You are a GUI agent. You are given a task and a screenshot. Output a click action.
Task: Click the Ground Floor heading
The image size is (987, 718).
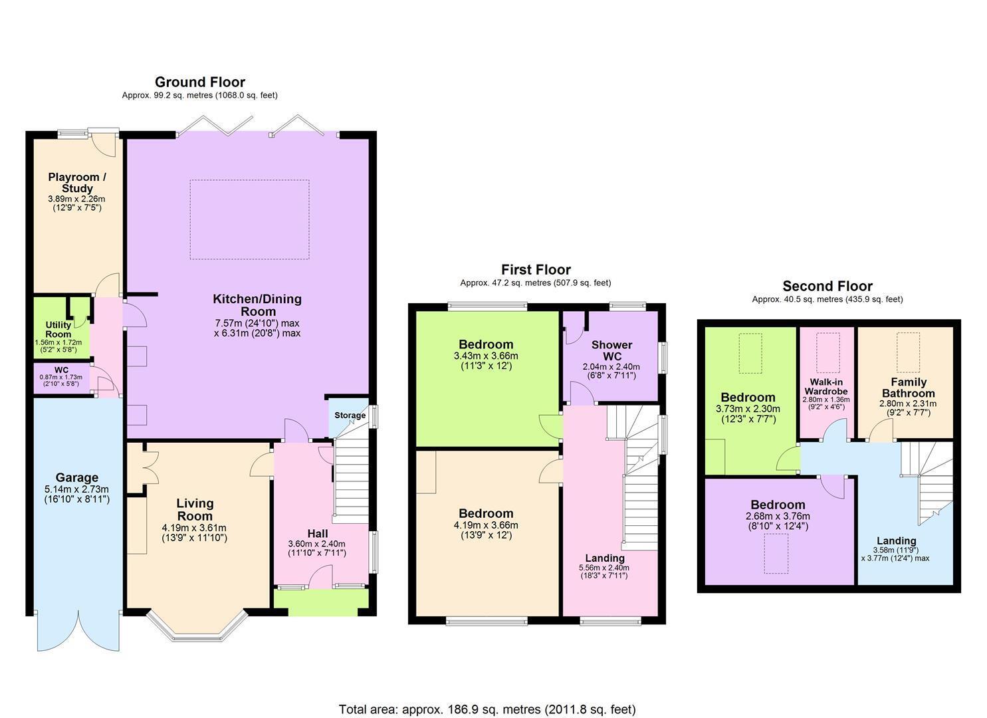[199, 82]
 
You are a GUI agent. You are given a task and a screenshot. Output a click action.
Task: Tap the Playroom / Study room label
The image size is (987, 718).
[77, 182]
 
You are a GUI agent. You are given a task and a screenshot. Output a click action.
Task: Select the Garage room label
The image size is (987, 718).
[76, 477]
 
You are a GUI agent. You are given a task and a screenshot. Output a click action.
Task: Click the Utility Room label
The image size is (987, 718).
[58, 329]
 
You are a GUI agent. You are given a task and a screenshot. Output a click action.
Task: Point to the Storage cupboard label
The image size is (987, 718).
[350, 416]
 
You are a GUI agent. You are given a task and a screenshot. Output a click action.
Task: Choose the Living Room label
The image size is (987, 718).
[195, 509]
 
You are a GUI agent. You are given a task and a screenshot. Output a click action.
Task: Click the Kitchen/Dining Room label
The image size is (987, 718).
[257, 305]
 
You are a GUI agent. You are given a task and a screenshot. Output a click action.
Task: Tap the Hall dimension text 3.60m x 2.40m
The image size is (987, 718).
[317, 544]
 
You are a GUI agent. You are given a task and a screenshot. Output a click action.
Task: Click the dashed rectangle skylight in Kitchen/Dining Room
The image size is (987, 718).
[249, 219]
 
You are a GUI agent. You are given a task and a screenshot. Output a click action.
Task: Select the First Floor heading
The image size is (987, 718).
[536, 269]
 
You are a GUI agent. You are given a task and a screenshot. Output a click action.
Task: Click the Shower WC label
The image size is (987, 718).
[611, 350]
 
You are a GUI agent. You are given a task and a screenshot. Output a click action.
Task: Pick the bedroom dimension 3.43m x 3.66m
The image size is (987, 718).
[486, 356]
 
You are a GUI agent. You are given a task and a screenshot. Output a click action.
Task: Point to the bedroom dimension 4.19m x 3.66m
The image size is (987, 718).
[486, 525]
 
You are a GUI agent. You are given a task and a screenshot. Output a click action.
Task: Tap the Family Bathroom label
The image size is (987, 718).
[909, 388]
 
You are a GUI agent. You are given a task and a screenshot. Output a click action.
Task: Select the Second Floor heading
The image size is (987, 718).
[827, 286]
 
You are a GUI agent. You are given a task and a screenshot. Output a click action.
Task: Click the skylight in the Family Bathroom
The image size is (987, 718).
[908, 352]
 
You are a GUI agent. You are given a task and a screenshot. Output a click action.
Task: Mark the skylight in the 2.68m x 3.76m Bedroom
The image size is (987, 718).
[776, 554]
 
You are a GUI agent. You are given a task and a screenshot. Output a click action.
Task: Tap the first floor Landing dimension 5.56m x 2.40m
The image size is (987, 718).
[604, 568]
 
